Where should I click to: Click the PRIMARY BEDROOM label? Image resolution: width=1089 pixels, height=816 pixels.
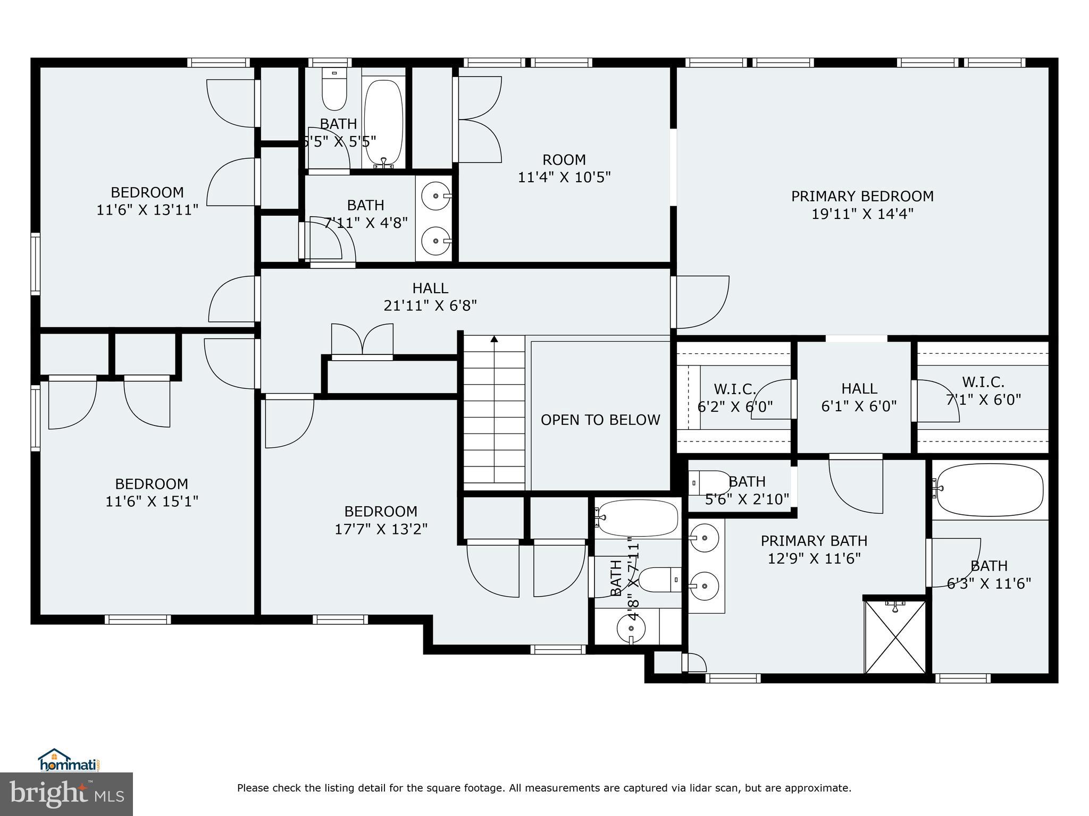pyautogui.click(x=862, y=197)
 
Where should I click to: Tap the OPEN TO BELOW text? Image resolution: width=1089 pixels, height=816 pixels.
pyautogui.click(x=600, y=420)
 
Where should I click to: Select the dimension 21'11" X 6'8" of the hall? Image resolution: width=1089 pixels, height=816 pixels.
pyautogui.click(x=430, y=306)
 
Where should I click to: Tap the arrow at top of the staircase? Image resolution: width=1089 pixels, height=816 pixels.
pyautogui.click(x=494, y=338)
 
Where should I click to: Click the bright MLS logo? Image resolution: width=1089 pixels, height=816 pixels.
pyautogui.click(x=66, y=794)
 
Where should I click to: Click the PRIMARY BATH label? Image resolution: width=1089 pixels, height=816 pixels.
pyautogui.click(x=814, y=541)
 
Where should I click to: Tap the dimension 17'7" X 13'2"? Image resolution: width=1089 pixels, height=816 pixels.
pyautogui.click(x=381, y=529)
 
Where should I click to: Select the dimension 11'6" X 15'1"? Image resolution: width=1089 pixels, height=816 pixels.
pyautogui.click(x=152, y=501)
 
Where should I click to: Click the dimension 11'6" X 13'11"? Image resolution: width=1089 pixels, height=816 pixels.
pyautogui.click(x=147, y=210)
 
